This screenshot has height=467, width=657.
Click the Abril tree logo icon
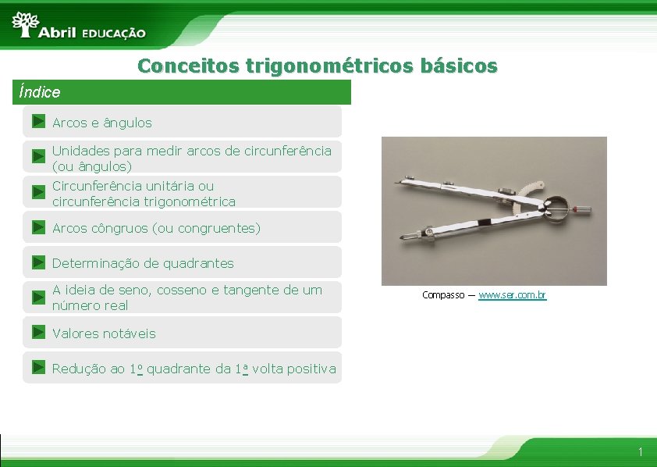point(26,24)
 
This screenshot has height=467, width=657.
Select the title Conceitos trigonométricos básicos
point(317,66)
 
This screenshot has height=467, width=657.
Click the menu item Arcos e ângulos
point(101,123)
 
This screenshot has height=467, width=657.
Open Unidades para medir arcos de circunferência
point(191,158)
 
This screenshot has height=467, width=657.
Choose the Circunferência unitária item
point(144,194)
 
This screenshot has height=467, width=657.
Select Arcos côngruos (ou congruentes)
point(156,228)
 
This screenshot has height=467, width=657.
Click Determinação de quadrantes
point(143,263)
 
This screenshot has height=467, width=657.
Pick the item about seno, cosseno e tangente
point(186,298)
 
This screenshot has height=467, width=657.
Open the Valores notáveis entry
point(104,333)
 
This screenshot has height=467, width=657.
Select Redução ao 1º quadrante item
point(194,369)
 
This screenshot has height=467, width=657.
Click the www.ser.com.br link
point(512,295)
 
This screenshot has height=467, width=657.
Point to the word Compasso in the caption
point(443,295)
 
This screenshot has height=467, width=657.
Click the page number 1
point(640,452)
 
